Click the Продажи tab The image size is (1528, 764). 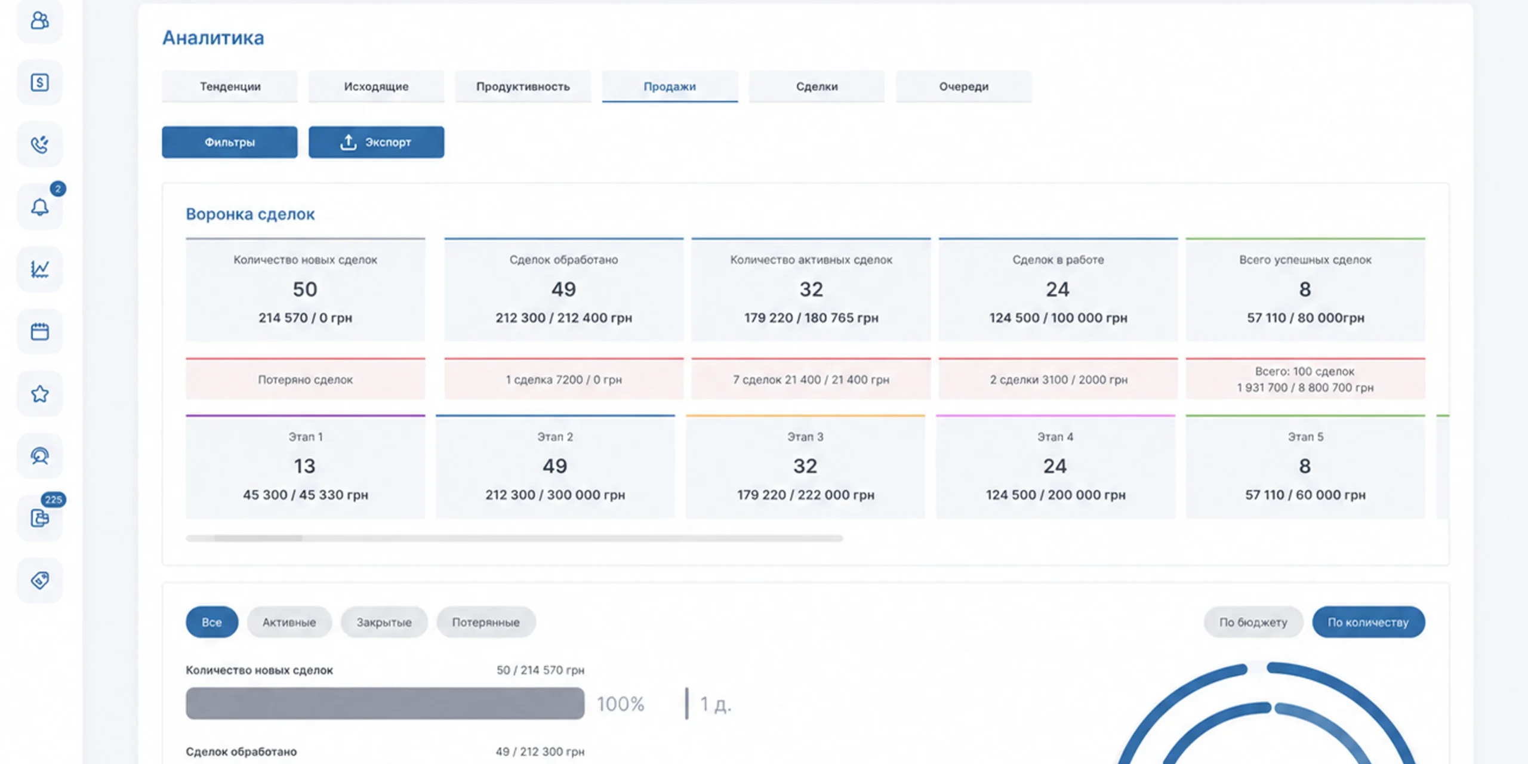click(x=670, y=87)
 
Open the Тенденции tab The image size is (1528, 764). click(x=230, y=87)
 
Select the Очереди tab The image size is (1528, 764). click(x=963, y=87)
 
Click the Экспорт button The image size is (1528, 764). click(x=376, y=142)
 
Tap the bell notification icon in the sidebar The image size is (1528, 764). click(x=40, y=207)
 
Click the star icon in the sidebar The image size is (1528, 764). click(x=40, y=394)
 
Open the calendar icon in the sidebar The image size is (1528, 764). click(x=40, y=331)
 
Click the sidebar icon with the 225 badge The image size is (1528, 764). click(x=40, y=518)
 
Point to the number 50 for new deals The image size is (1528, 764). click(x=305, y=289)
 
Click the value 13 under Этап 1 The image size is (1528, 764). click(x=304, y=466)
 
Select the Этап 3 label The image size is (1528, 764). click(x=805, y=437)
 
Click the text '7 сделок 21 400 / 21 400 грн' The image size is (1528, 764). click(x=811, y=380)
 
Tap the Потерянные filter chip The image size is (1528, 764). click(x=486, y=622)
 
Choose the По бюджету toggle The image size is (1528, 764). click(x=1253, y=622)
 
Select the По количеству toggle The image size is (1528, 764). click(x=1368, y=622)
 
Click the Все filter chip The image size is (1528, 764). click(x=212, y=622)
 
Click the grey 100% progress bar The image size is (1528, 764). click(x=385, y=703)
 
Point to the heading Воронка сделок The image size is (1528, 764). click(x=250, y=214)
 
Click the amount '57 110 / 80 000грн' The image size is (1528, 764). click(x=1305, y=318)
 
